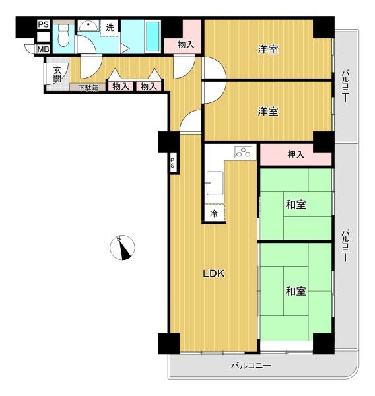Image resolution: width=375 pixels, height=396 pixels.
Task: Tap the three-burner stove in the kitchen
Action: pos(244,152)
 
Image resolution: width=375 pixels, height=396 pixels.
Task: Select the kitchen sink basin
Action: pos(215,183)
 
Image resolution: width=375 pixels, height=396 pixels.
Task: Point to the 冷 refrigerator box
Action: pos(214,213)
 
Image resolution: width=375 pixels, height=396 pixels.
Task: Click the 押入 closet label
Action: pos(296,156)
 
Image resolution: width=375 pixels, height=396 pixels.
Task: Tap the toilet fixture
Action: pos(63,36)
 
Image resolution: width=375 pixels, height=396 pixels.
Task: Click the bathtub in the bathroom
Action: pos(150,37)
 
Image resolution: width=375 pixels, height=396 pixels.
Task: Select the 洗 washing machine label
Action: pos(110,27)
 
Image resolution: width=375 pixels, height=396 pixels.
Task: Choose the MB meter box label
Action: pos(42,49)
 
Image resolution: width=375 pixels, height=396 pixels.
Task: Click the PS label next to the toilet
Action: pos(42,26)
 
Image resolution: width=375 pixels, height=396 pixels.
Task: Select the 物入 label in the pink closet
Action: pos(186,45)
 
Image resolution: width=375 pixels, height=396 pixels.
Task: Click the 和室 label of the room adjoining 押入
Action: pos(296,204)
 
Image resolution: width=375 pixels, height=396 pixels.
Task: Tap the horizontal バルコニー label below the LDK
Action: pos(251,365)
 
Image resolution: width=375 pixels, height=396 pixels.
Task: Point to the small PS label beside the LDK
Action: pos(172,163)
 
